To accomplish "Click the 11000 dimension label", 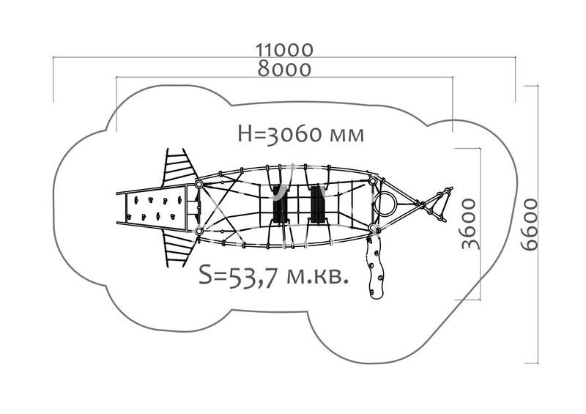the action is [x=284, y=50].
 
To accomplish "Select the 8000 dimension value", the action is [x=284, y=69].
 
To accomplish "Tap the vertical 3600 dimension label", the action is [x=469, y=224].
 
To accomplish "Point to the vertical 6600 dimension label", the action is [x=529, y=224].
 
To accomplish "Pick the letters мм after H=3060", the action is [x=346, y=136].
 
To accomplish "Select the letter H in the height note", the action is [x=245, y=134].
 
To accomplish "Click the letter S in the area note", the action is [x=205, y=275].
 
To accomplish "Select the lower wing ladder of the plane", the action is [x=179, y=248].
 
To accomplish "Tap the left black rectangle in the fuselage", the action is [x=280, y=204].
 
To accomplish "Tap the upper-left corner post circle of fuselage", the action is [x=199, y=185].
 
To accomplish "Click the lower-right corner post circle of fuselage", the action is [x=372, y=227].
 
